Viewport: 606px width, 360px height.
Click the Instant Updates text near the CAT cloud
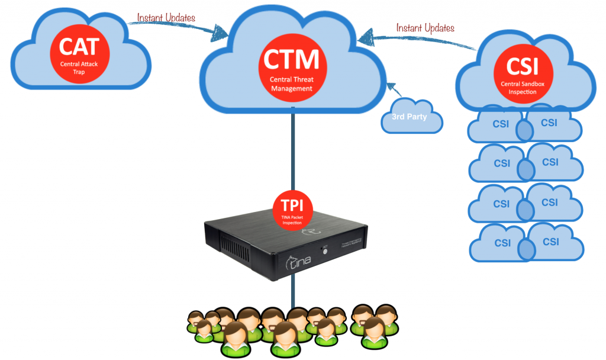click(x=166, y=18)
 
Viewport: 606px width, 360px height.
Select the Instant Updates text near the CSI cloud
click(x=425, y=27)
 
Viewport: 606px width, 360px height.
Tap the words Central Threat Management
click(x=291, y=84)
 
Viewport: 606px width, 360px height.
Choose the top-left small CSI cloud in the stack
click(x=496, y=126)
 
